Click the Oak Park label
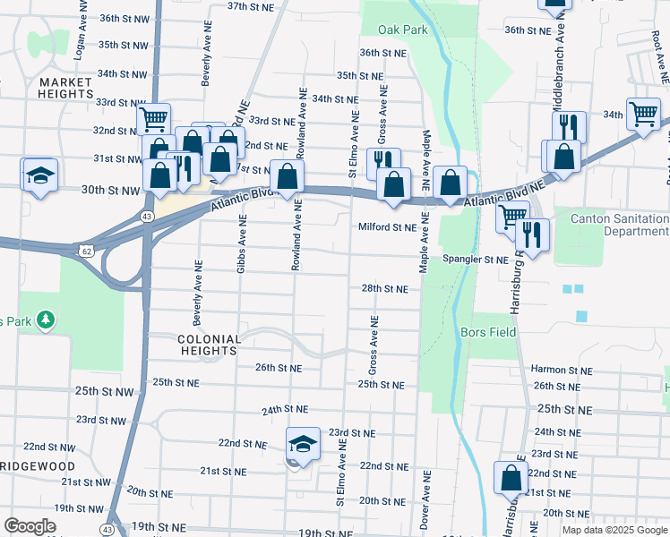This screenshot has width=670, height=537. point(403,30)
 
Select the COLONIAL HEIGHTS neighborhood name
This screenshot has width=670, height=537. point(209,345)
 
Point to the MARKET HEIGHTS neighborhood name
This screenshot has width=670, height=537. point(66,87)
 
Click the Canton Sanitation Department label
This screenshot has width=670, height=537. point(612,225)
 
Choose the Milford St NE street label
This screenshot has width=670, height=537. point(388,227)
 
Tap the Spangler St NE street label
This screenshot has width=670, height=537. point(475,260)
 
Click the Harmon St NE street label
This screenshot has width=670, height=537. point(562,369)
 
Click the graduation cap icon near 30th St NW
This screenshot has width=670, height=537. point(39,175)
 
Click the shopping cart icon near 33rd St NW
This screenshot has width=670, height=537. point(154,118)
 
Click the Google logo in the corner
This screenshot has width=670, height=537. point(30,526)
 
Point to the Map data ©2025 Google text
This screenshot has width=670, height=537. point(614,530)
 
